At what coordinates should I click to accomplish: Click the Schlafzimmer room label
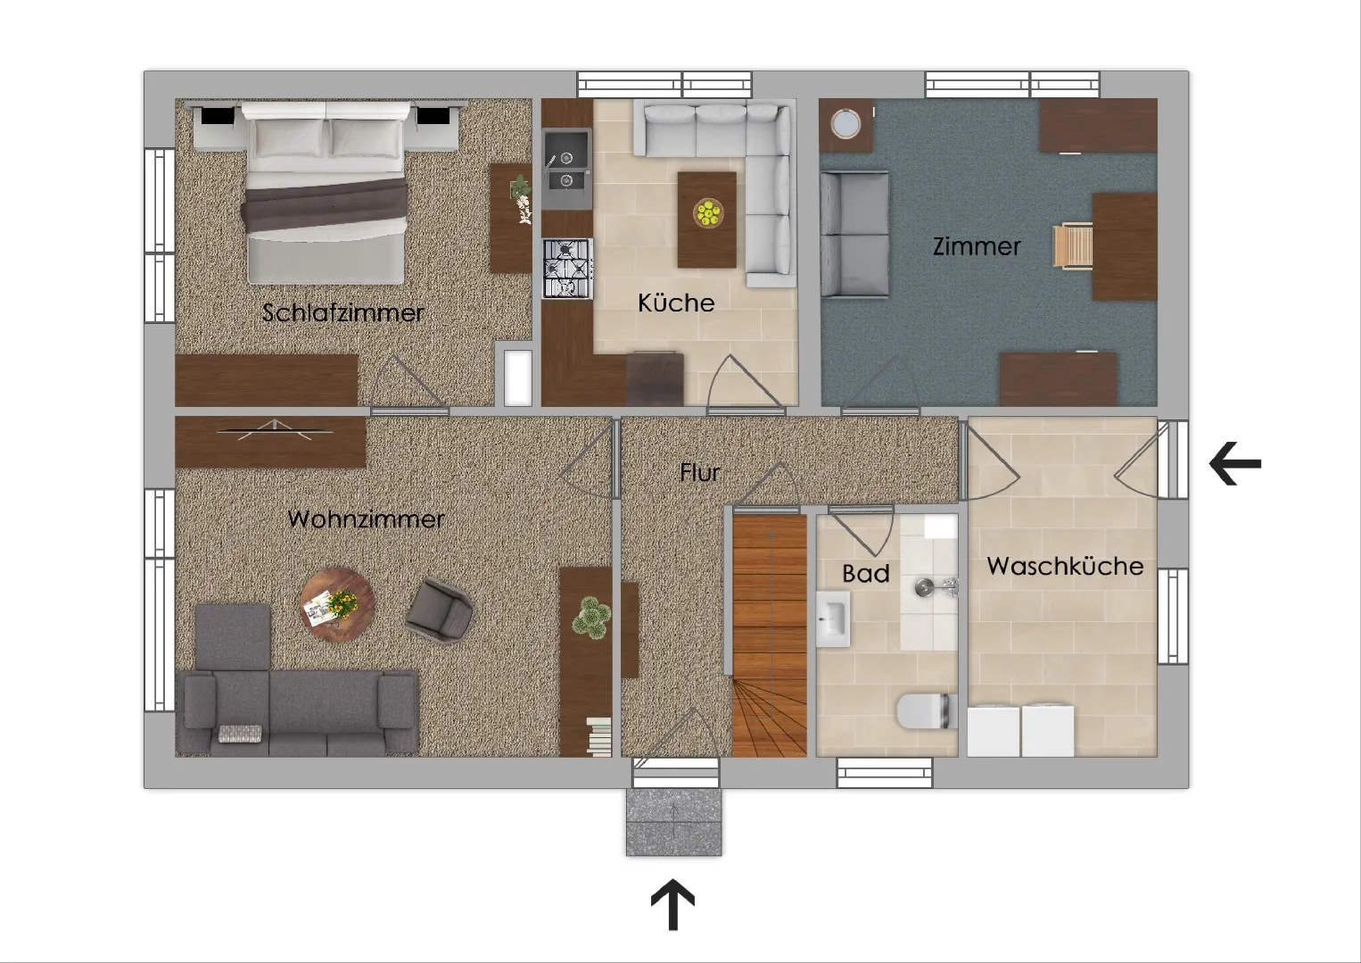pyautogui.click(x=342, y=312)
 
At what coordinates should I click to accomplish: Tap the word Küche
pyautogui.click(x=676, y=303)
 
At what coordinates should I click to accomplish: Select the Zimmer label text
pyautogui.click(x=977, y=246)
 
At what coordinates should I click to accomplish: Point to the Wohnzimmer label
pyautogui.click(x=366, y=519)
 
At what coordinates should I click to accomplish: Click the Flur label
pyautogui.click(x=700, y=472)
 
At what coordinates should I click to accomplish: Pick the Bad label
pyautogui.click(x=866, y=573)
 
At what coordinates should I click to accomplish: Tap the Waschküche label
pyautogui.click(x=1065, y=566)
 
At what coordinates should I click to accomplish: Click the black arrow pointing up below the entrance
pyautogui.click(x=672, y=904)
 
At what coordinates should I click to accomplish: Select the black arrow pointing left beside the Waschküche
pyautogui.click(x=1235, y=464)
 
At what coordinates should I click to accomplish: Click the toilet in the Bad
pyautogui.click(x=926, y=710)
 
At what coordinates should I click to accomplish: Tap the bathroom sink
pyautogui.click(x=833, y=618)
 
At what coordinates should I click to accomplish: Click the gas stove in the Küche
pyautogui.click(x=567, y=268)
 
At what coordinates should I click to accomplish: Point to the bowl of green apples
pyautogui.click(x=707, y=212)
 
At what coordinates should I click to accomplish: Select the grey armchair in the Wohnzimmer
pyautogui.click(x=440, y=610)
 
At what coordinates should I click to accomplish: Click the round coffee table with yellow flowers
pyautogui.click(x=337, y=604)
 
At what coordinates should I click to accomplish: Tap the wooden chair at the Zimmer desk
pyautogui.click(x=1072, y=246)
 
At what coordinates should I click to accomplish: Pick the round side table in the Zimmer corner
pyautogui.click(x=845, y=125)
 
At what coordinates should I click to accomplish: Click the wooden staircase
pyautogui.click(x=770, y=635)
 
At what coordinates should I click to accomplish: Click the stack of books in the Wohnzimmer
pyautogui.click(x=599, y=737)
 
